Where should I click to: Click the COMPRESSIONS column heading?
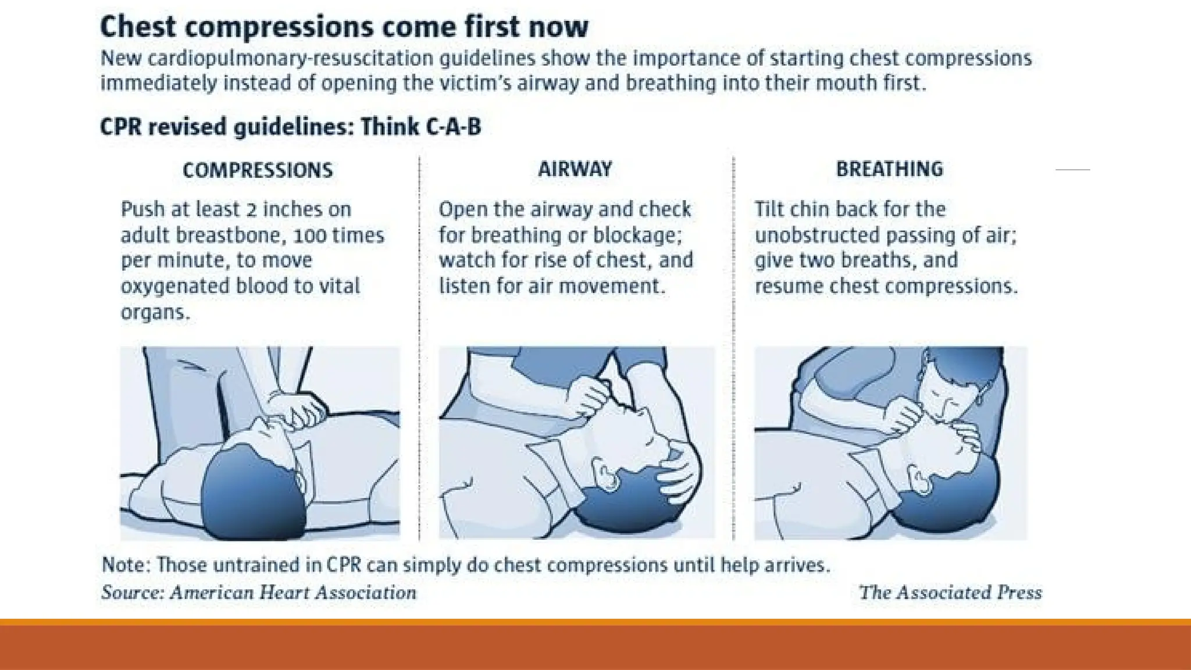click(258, 170)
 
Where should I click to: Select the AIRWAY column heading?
click(575, 169)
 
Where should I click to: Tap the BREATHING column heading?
click(889, 169)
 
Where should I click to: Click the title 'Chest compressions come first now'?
click(344, 27)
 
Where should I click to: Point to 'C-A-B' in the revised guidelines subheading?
click(453, 127)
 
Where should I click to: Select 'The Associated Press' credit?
click(950, 593)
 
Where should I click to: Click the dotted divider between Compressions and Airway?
click(419, 349)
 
